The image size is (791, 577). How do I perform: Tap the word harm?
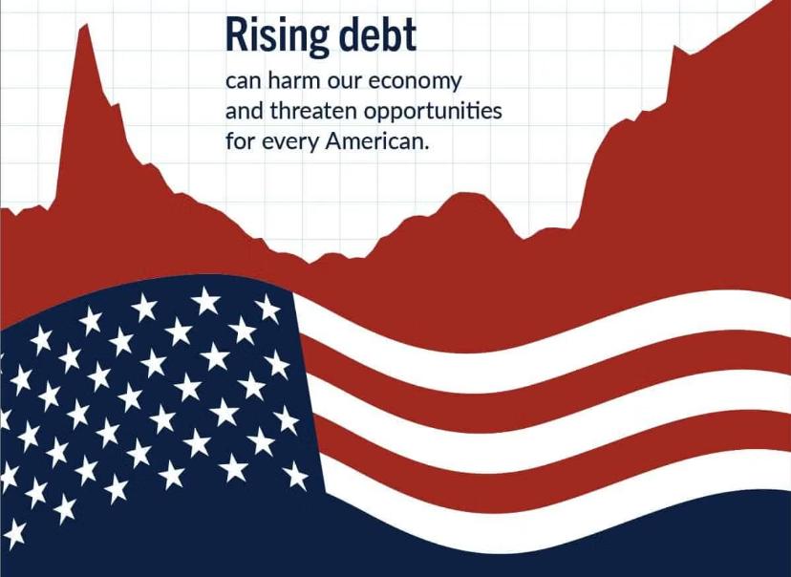tap(294, 80)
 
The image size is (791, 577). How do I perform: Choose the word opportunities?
tap(433, 113)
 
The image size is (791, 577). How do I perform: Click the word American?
tap(376, 141)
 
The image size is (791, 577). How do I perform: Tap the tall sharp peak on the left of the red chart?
tap(86, 26)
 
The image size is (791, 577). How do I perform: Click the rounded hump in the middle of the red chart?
tap(464, 194)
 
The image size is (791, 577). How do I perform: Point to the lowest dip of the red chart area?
tap(310, 262)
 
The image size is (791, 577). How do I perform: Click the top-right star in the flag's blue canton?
tap(267, 309)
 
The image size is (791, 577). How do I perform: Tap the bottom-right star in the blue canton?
tap(295, 476)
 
